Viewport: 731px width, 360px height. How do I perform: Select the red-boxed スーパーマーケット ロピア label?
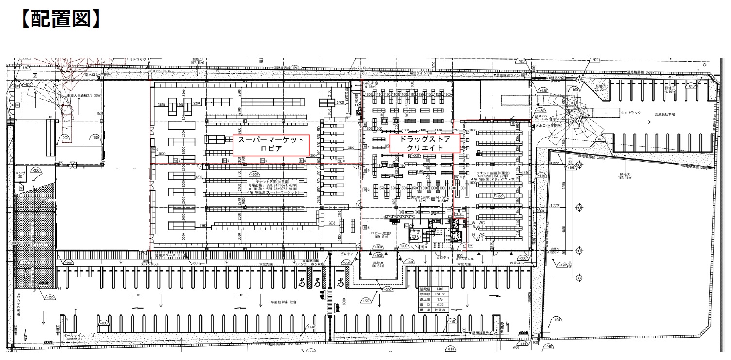(271, 144)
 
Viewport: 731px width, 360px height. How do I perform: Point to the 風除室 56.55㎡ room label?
(379, 264)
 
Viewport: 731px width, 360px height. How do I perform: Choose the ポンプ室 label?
(20, 175)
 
